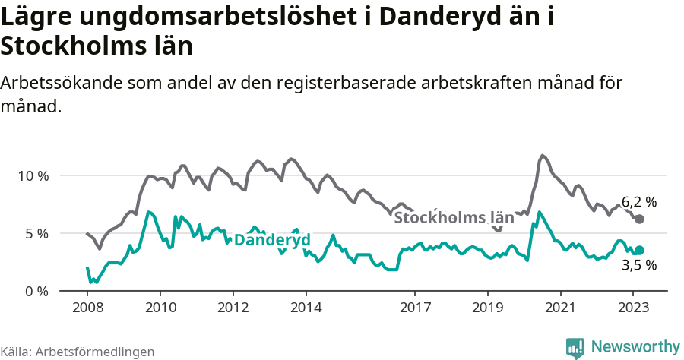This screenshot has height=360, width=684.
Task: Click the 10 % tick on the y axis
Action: click(x=33, y=175)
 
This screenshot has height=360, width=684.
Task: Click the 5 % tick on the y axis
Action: click(x=36, y=233)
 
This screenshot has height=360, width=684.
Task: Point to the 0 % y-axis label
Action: click(x=36, y=291)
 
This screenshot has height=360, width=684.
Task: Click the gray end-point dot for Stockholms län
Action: click(x=639, y=219)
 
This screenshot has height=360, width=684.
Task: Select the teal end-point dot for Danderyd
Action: click(x=639, y=250)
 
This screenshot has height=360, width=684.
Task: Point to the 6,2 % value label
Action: click(x=638, y=202)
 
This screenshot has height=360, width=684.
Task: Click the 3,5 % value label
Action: click(x=638, y=266)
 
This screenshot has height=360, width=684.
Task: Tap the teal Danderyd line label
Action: click(x=271, y=240)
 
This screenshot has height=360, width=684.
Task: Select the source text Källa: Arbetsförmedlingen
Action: click(x=78, y=352)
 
